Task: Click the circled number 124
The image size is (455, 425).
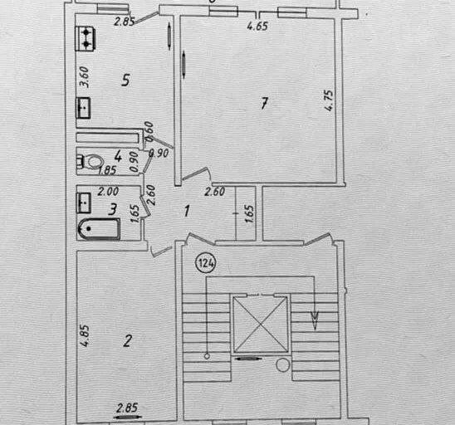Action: tap(206, 263)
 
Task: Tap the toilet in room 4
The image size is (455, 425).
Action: tap(91, 161)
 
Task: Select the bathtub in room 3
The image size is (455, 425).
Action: tap(99, 229)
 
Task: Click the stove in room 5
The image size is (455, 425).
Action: tap(85, 38)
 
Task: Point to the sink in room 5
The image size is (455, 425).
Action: tap(84, 108)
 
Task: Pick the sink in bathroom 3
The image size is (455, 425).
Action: tap(84, 203)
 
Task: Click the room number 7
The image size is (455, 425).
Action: tap(264, 103)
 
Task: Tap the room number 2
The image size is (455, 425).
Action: tap(127, 341)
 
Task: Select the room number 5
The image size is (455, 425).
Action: tap(125, 80)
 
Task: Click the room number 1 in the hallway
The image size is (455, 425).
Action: tap(187, 211)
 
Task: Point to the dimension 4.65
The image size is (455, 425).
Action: tap(257, 26)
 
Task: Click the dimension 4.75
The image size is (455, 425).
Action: tap(329, 100)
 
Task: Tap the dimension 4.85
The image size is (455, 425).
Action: tap(85, 335)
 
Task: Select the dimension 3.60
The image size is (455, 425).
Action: tap(84, 77)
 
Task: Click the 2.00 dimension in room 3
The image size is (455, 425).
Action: tap(108, 192)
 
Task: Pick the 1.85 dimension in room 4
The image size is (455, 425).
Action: tap(107, 170)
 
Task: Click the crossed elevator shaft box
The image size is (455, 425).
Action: tap(261, 325)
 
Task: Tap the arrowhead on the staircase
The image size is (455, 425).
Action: tap(315, 320)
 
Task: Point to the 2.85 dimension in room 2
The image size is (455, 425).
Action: tap(127, 408)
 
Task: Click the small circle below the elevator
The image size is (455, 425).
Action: tap(282, 364)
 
